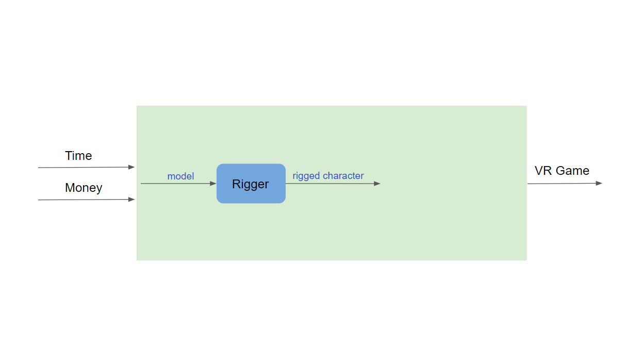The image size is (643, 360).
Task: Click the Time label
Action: [78, 156]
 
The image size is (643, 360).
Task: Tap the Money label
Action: [84, 188]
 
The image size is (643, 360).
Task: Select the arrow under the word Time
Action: [87, 167]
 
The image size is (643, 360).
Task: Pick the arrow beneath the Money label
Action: [87, 200]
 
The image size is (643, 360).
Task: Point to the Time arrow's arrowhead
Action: [131, 167]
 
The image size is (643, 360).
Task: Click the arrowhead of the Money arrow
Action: [131, 199]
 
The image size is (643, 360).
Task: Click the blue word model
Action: [180, 176]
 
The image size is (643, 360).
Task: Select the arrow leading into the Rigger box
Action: [178, 184]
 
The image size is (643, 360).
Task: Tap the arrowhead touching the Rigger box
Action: [213, 184]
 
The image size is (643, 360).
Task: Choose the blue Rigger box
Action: [251, 184]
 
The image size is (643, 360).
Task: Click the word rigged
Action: [306, 176]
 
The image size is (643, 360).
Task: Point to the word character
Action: [343, 175]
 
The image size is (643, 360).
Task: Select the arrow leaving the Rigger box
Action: [333, 184]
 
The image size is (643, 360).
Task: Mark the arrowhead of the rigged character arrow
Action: [377, 184]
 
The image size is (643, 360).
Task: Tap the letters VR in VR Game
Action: [543, 171]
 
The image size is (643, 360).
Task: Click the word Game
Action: [572, 171]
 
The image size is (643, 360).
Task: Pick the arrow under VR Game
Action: [565, 184]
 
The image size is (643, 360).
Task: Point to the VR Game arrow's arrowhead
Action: [599, 183]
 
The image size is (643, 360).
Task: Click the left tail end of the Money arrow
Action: [39, 200]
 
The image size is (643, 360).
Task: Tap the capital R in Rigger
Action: [236, 184]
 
